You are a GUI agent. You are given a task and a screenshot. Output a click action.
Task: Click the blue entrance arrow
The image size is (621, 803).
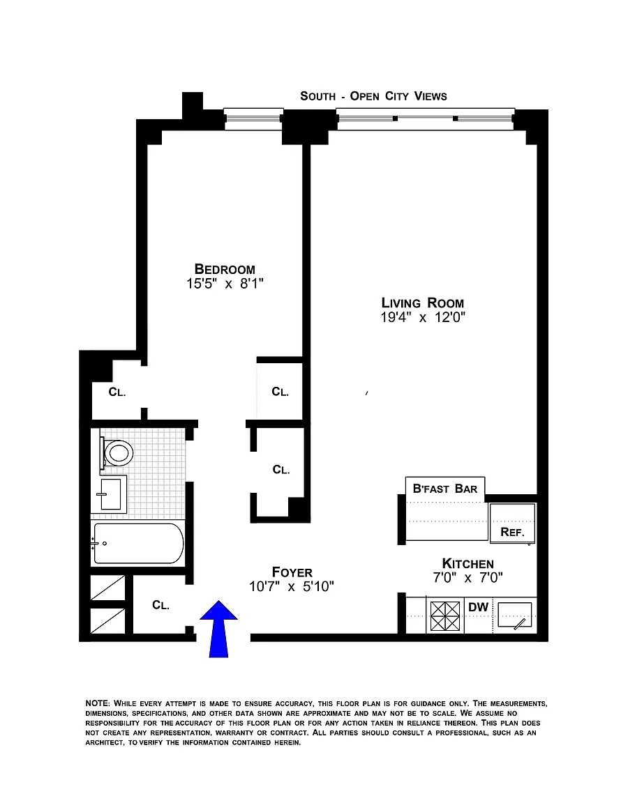[218, 628]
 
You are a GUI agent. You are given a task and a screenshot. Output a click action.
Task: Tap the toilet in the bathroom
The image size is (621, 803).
[117, 452]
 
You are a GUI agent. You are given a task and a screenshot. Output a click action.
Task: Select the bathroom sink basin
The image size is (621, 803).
[111, 494]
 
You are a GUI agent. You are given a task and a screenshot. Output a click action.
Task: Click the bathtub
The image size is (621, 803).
[137, 544]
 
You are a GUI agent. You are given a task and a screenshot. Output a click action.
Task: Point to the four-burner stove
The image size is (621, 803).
[444, 615]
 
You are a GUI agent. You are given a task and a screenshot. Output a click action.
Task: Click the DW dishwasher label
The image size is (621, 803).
[478, 607]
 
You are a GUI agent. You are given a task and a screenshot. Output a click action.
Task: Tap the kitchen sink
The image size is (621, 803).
[515, 615]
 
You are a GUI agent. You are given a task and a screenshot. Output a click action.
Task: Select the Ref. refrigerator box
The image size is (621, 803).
[513, 523]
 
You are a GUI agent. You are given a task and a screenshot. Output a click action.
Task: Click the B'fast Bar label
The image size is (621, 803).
[445, 489]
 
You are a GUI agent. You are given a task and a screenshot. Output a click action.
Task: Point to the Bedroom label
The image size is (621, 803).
[225, 269]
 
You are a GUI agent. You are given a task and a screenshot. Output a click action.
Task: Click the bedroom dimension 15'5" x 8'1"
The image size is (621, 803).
[225, 283]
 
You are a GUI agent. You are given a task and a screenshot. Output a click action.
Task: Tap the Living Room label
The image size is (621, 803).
[423, 303]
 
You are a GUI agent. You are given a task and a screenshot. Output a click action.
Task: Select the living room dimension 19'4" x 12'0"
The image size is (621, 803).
[423, 317]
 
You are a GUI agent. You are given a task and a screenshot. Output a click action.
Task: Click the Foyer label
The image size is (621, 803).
[292, 572]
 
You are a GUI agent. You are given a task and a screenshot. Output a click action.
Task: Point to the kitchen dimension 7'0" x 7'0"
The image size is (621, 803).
[467, 578]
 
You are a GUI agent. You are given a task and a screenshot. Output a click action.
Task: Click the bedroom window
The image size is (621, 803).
[253, 118]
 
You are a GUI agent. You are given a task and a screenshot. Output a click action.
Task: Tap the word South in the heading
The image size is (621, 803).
[318, 96]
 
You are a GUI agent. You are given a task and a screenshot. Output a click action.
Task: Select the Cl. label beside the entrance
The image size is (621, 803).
[160, 605]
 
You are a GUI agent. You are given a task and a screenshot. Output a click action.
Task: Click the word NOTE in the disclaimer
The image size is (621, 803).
[98, 703]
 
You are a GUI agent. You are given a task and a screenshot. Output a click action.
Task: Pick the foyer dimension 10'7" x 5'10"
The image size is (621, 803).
[291, 586]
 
